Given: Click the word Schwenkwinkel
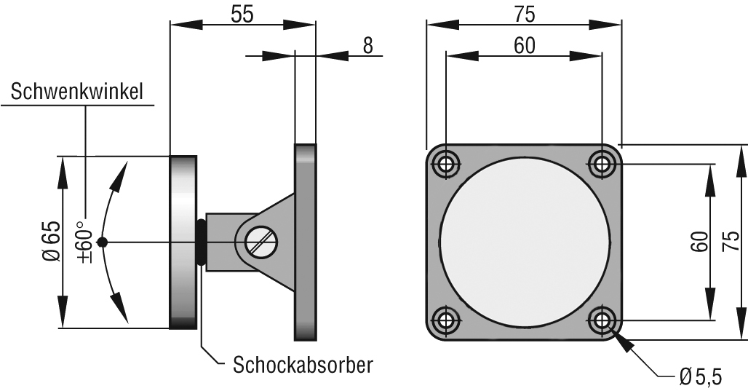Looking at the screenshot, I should click(77, 92).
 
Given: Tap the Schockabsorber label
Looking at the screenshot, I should click(303, 364).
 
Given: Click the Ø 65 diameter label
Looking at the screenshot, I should click(50, 242).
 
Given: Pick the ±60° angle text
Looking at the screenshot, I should click(86, 240).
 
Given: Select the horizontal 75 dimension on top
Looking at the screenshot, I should click(524, 14).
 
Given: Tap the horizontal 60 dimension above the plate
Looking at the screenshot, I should click(524, 45).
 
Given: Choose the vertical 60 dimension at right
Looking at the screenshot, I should click(699, 241).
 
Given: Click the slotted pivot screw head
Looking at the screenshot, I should click(261, 242).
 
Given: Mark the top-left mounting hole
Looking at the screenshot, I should click(445, 163).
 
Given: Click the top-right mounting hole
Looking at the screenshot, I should click(602, 163).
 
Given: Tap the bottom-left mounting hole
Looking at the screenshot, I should click(445, 320).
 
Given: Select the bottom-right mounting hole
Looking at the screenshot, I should click(602, 320).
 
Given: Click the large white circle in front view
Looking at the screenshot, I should click(523, 241).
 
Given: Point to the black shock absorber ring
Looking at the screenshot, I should click(200, 242).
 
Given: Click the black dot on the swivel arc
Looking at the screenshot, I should click(103, 242).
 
